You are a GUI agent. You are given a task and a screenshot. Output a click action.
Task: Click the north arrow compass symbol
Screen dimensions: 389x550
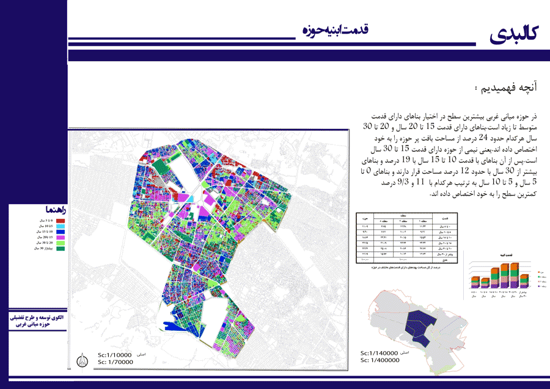point(84,361)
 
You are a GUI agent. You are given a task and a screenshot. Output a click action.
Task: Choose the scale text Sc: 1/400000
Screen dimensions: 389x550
point(380,361)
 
